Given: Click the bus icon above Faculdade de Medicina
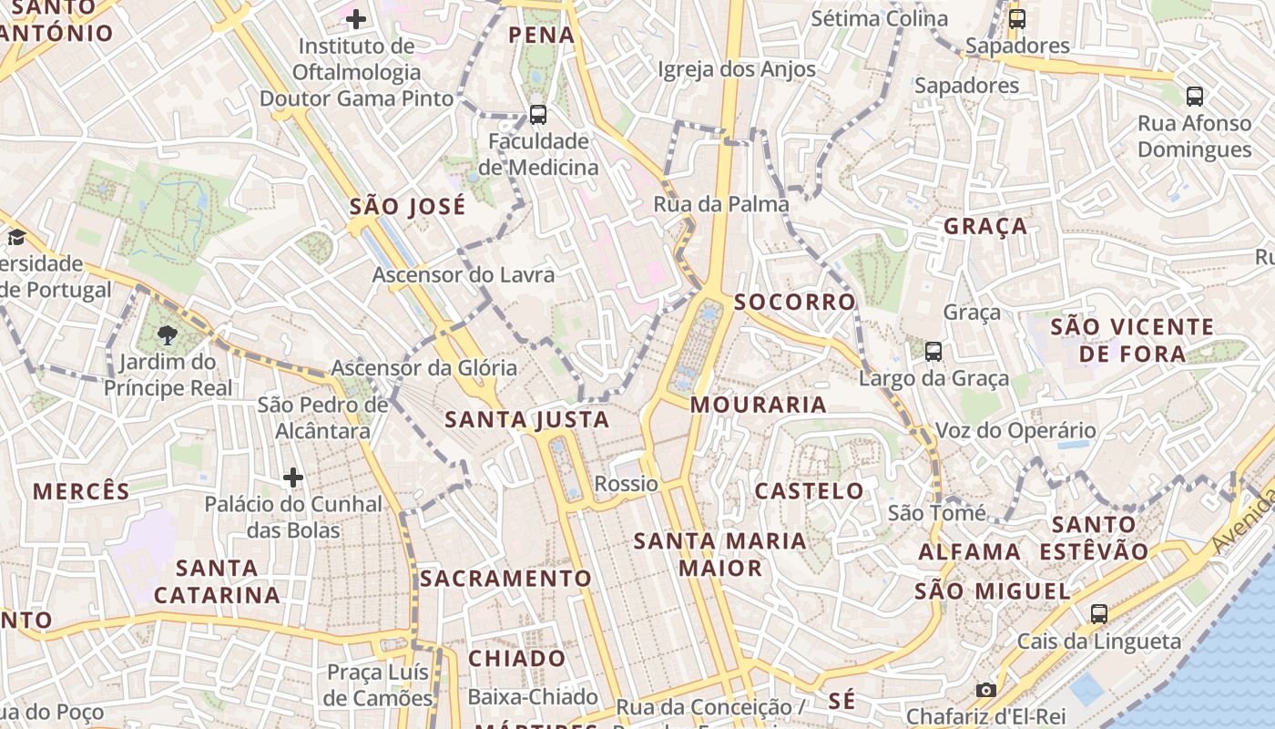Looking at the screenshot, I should point(538,115).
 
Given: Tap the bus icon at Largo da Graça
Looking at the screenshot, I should point(933,351).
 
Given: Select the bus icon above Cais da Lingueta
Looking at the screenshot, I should point(1099,614).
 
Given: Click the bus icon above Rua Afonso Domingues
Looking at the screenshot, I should point(1195,96).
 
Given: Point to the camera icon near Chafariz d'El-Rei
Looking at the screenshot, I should point(985,690).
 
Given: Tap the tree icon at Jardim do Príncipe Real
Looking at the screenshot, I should point(167,335).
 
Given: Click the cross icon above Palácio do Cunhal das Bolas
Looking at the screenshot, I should point(293,477).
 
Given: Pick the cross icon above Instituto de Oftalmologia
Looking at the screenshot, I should point(356,18).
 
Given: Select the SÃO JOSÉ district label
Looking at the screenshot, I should point(407,207).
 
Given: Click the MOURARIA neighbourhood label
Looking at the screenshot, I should point(759,405).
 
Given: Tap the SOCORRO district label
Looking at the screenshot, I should point(795,302).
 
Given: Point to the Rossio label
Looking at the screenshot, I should point(626,483).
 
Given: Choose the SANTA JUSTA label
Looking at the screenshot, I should point(526,419).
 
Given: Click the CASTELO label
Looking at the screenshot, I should point(809,491).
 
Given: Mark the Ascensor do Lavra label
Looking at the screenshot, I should point(464,274).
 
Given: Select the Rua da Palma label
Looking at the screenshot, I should point(721,204).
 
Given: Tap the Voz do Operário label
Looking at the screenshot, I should point(1016,430).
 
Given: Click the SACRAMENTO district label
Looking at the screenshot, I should point(505,579).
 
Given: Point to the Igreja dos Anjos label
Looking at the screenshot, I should point(737,69).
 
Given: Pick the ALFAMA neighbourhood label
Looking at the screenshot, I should point(970,551).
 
